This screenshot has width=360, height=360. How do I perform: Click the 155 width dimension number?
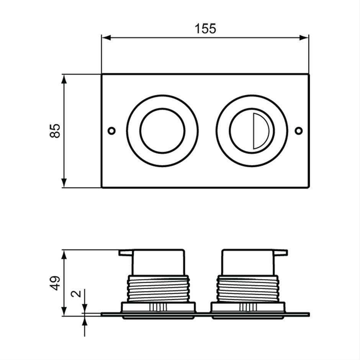pyautogui.click(x=205, y=28)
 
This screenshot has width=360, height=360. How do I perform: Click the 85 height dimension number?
pyautogui.click(x=55, y=131)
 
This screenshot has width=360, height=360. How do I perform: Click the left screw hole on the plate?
pyautogui.click(x=111, y=131)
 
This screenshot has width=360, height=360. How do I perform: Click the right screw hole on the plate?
pyautogui.click(x=299, y=131)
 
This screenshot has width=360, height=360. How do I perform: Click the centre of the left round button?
pyautogui.click(x=162, y=131)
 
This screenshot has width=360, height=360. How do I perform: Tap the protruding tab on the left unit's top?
pyautogui.click(x=125, y=252)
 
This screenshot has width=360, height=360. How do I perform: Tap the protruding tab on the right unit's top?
pyautogui.click(x=281, y=252)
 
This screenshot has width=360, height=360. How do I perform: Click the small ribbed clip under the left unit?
pyautogui.click(x=158, y=307)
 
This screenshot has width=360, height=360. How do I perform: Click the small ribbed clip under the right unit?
pyautogui.click(x=248, y=307)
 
